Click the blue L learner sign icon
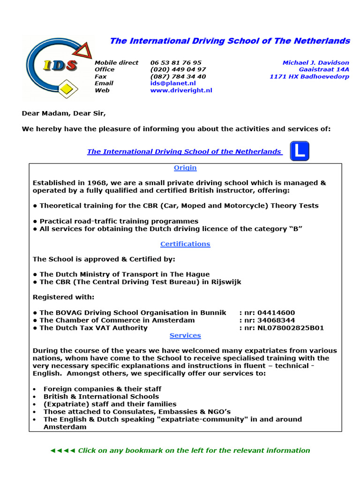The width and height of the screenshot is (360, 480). tap(300, 151)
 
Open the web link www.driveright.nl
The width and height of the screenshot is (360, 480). tap(181, 90)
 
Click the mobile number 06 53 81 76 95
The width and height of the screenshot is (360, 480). tap(176, 62)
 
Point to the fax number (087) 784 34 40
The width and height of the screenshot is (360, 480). tap(178, 76)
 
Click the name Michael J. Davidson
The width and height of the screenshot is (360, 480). tap(315, 62)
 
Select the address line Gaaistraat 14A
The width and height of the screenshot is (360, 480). tap(324, 69)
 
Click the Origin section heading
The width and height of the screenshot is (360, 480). tap(185, 168)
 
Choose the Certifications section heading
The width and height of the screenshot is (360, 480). tap(185, 244)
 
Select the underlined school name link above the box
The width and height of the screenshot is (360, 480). tap(185, 151)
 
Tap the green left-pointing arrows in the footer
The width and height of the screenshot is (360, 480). tap(62, 450)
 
